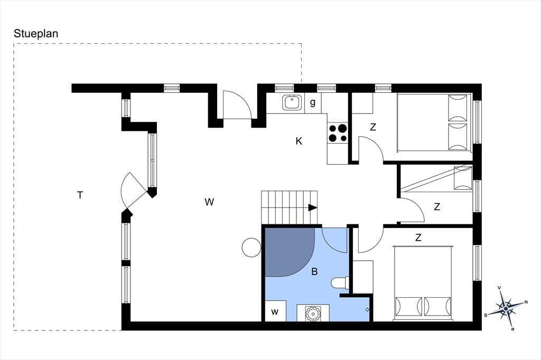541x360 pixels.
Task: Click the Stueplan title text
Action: (x=36, y=34)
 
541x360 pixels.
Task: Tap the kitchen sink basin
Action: (x=292, y=102)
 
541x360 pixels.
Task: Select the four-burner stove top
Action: (x=338, y=133)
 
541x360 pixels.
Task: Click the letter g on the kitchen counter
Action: (x=313, y=103)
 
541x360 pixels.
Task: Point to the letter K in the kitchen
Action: (x=299, y=141)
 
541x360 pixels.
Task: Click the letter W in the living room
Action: (x=209, y=202)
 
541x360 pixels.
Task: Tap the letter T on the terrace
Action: (x=80, y=195)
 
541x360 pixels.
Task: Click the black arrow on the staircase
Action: (x=313, y=207)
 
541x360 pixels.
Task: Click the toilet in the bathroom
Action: (x=340, y=283)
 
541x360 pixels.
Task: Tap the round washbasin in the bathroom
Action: (x=313, y=313)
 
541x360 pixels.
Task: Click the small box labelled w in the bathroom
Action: (x=275, y=311)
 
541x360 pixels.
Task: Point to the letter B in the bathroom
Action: (x=314, y=272)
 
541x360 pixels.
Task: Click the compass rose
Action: (x=506, y=308)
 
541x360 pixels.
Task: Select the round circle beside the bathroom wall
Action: (x=251, y=247)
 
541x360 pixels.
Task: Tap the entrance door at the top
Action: (x=237, y=105)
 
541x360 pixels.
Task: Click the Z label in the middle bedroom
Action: (x=437, y=207)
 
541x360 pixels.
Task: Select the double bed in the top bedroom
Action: (x=434, y=122)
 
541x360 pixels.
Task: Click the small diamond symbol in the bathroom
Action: (x=367, y=310)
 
